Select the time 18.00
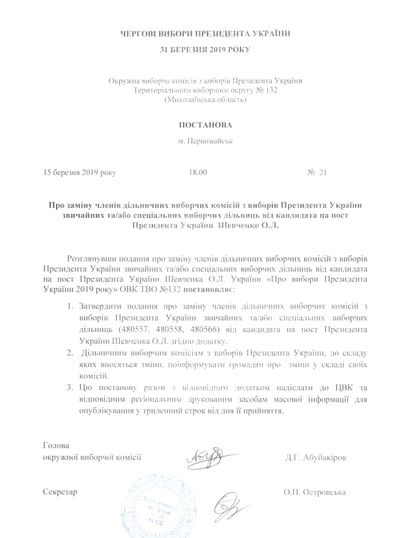[x=197, y=173]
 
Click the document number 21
[x=321, y=173]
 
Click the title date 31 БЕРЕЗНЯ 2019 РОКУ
[x=205, y=50]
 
